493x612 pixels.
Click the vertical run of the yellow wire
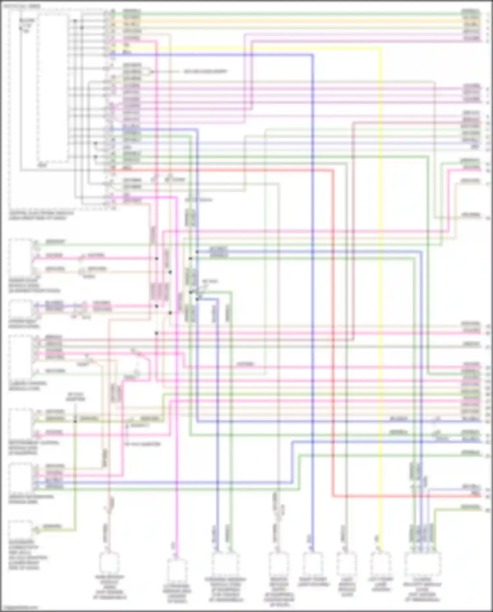pyautogui.click(x=381, y=296)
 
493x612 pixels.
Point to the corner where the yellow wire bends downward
pyautogui.click(x=381, y=48)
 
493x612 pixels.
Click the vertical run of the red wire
pyautogui.click(x=333, y=329)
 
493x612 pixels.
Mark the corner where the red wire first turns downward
pyautogui.click(x=333, y=170)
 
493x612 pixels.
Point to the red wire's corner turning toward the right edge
pyautogui.click(x=333, y=496)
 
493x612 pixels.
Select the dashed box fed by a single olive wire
pyautogui.click(x=20, y=530)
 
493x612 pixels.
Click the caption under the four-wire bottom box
pyautogui.click(x=422, y=592)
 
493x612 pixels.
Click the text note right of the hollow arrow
pyautogui.click(x=205, y=72)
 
